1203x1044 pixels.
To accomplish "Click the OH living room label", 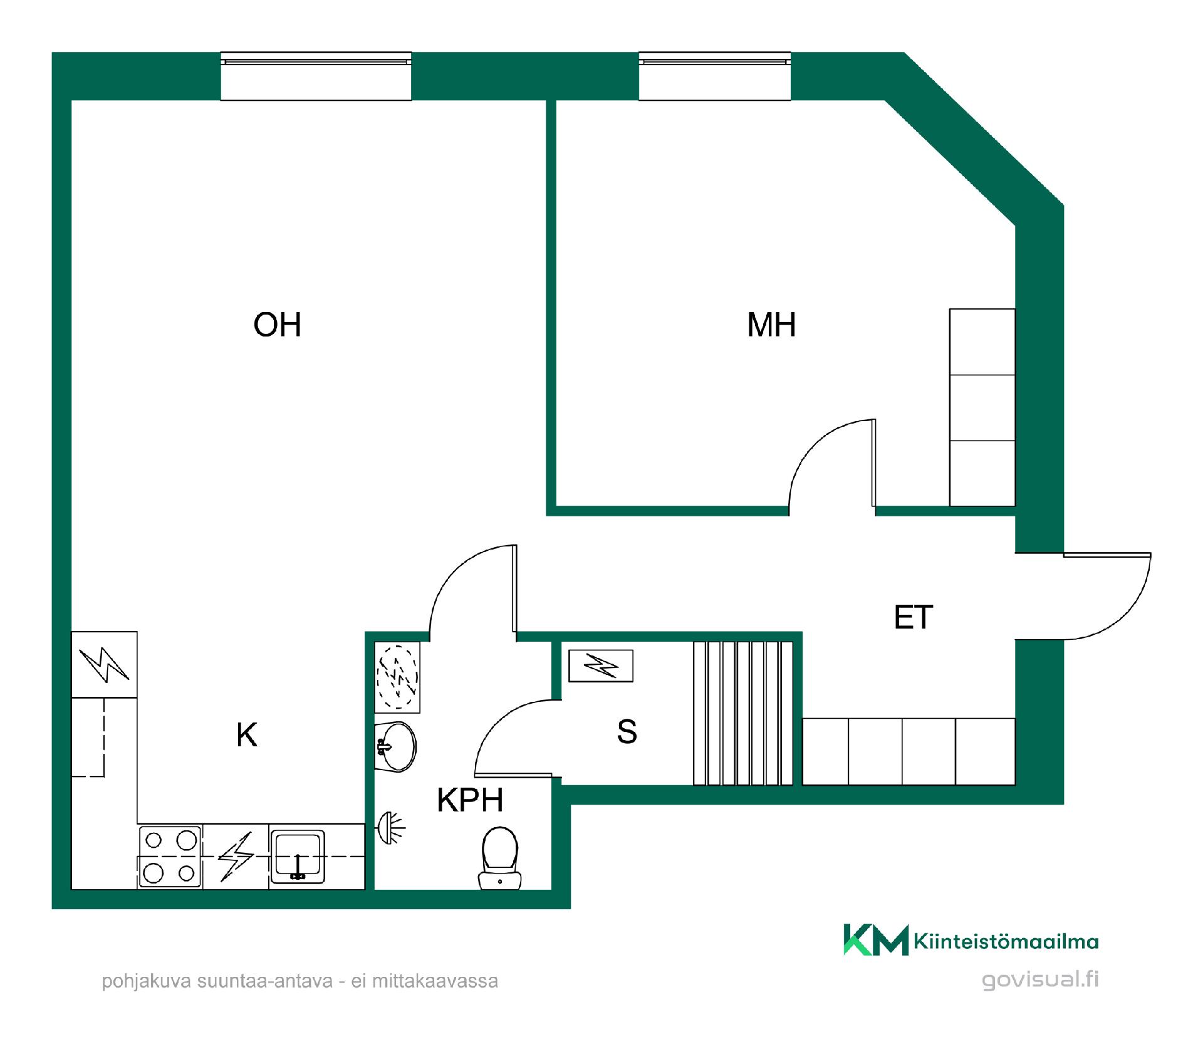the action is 277,325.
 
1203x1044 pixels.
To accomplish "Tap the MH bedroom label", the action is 771,325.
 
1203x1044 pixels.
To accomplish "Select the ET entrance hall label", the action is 914,617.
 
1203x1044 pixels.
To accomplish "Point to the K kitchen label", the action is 247,734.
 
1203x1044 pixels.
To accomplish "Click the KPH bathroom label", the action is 470,800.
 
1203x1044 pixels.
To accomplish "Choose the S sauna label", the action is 627,731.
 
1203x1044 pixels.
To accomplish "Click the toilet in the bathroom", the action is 500,859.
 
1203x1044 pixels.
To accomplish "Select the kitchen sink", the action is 298,857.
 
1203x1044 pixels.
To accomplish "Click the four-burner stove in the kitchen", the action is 170,857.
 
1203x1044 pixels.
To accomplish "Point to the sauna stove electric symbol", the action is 601,666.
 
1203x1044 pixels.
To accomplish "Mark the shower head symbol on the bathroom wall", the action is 392,828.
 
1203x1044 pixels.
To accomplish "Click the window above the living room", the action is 316,76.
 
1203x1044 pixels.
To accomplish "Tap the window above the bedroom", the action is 714,76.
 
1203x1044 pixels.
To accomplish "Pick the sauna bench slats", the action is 743,713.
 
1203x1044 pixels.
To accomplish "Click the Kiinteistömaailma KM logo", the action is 971,940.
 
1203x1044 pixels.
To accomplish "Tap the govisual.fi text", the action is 1040,980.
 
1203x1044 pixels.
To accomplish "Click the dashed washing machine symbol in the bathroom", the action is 397,677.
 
